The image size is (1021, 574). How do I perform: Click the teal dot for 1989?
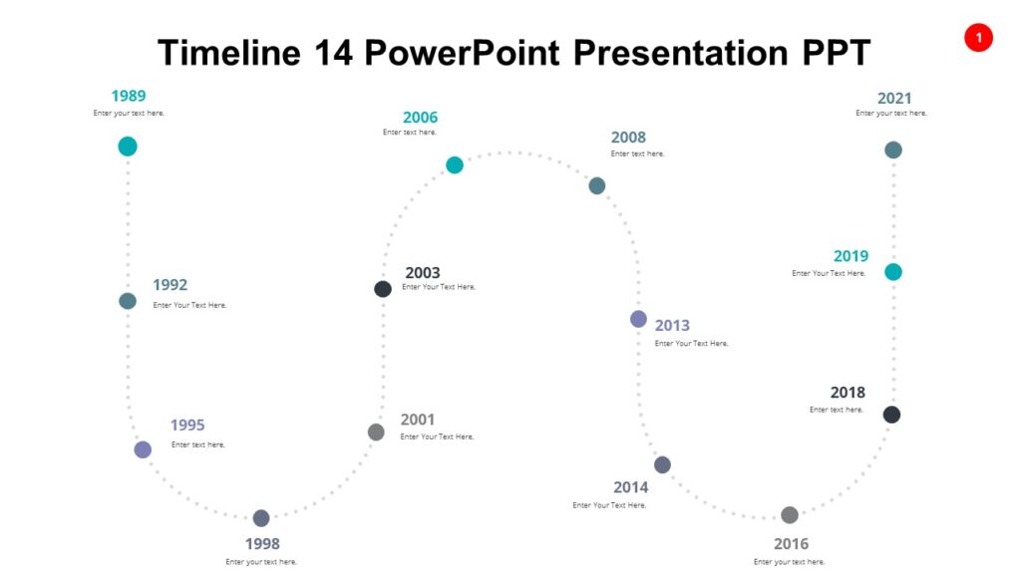click(x=128, y=146)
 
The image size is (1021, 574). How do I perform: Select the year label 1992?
click(x=170, y=285)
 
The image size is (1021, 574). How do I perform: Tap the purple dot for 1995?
click(x=143, y=449)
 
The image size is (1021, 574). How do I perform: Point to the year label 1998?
click(x=262, y=543)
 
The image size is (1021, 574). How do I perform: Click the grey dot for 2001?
click(x=376, y=431)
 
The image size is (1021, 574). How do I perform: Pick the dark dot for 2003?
click(x=383, y=289)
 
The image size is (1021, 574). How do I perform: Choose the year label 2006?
click(x=420, y=118)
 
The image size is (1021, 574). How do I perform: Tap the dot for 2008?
click(x=597, y=185)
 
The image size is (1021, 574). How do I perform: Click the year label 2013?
click(x=672, y=325)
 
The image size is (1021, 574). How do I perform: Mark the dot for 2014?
click(x=662, y=464)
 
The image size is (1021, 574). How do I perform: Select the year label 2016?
click(x=791, y=543)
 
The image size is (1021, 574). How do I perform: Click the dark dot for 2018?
click(x=891, y=415)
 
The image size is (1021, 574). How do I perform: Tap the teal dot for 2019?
click(x=893, y=272)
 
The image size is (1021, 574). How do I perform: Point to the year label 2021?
click(x=894, y=98)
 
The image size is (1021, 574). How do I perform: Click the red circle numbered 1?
click(x=978, y=38)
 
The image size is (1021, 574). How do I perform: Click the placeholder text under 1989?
click(x=129, y=114)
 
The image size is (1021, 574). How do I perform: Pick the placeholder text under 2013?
click(x=691, y=344)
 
